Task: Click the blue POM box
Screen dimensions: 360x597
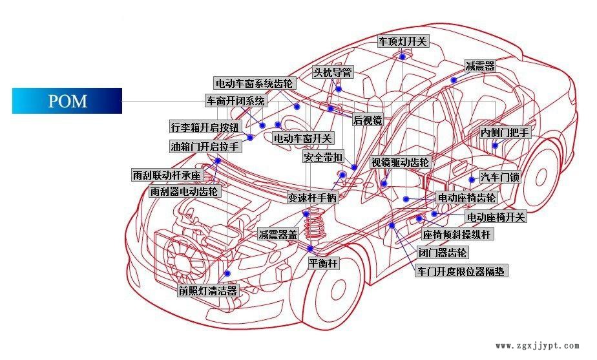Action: click(67, 101)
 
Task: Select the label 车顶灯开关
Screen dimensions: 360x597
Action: click(403, 41)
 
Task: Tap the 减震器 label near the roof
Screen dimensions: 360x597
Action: click(480, 66)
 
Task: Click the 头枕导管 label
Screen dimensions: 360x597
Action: click(333, 72)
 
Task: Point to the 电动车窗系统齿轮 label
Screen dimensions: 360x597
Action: click(255, 83)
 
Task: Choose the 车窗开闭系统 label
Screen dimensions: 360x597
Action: click(236, 101)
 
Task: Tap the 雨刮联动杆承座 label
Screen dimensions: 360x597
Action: click(167, 175)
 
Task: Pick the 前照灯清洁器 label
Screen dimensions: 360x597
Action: click(208, 291)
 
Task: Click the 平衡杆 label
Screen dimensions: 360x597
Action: click(323, 264)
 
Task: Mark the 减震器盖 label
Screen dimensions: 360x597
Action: click(278, 235)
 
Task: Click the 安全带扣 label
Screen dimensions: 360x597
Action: click(323, 157)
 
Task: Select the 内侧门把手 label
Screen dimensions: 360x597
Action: click(505, 132)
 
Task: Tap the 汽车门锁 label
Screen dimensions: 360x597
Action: click(499, 177)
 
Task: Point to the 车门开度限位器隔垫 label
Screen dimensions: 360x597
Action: click(461, 271)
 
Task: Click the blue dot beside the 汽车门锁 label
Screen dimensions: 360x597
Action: click(472, 179)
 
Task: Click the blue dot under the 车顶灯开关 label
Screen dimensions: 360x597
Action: click(402, 57)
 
